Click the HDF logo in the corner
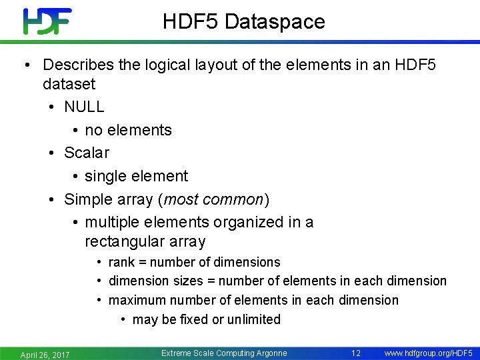pyautogui.click(x=47, y=21)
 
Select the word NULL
pyautogui.click(x=84, y=107)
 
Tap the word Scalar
pyautogui.click(x=86, y=153)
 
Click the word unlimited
pyautogui.click(x=253, y=319)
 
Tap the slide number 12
pyautogui.click(x=355, y=353)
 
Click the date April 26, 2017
pyautogui.click(x=45, y=354)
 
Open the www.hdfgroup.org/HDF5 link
pyautogui.click(x=429, y=353)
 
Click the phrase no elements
pyautogui.click(x=128, y=130)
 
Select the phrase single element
pyautogui.click(x=136, y=176)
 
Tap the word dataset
pyautogui.click(x=69, y=84)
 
